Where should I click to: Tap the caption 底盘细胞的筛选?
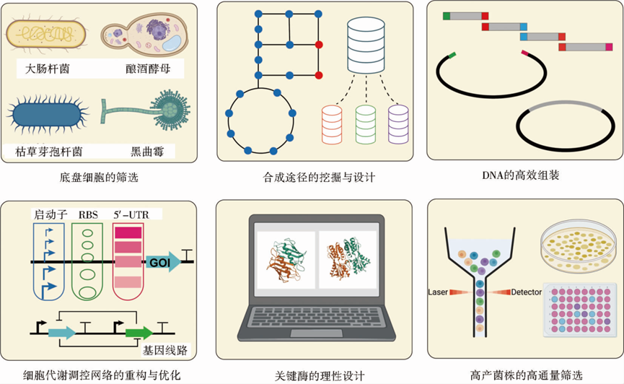(101, 176)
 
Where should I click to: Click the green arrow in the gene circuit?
(139, 333)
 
